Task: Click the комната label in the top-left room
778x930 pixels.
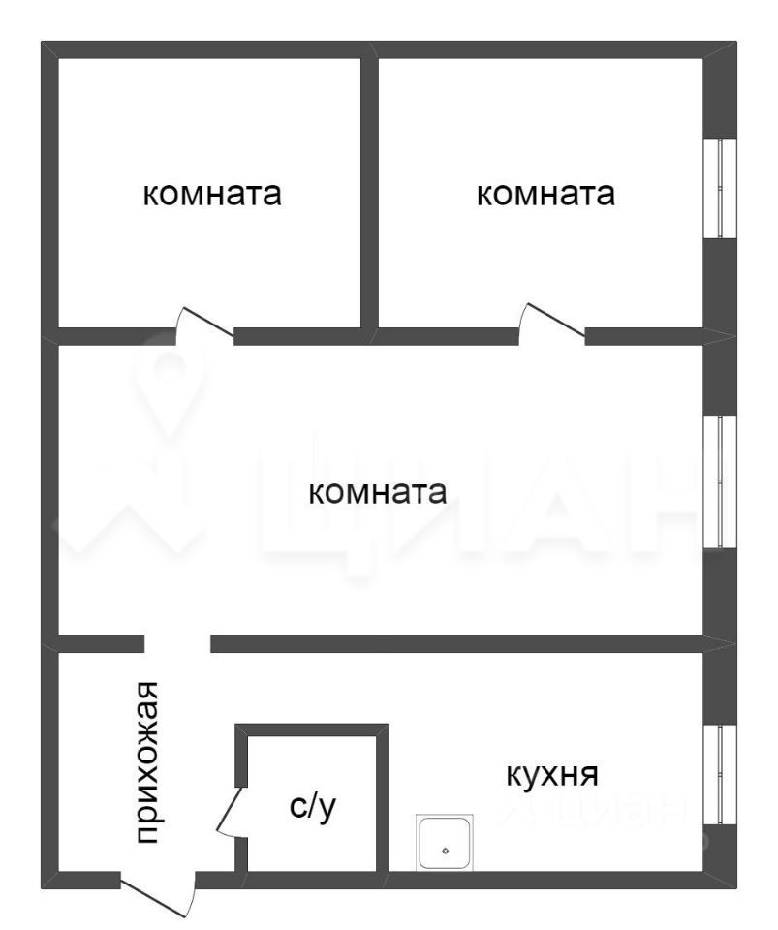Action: [212, 194]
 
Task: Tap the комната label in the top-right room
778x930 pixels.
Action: [545, 194]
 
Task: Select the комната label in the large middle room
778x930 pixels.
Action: [377, 493]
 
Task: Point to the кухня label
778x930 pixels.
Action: [552, 775]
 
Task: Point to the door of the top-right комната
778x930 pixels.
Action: [551, 322]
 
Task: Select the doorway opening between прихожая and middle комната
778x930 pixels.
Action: [177, 643]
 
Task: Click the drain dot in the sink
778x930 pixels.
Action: [446, 851]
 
